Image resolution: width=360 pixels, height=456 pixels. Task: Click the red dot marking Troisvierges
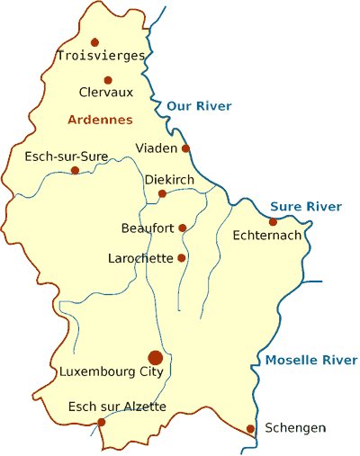pos(94,41)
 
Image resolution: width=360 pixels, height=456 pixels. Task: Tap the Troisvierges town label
pos(101,56)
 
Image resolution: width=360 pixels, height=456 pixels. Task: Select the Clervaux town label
pos(105,92)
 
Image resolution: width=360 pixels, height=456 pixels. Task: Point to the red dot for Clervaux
pos(108,80)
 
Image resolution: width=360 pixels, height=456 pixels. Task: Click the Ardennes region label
pos(100,120)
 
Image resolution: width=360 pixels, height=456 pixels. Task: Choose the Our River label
pos(199,106)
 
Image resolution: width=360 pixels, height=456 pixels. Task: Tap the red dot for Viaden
pos(186,148)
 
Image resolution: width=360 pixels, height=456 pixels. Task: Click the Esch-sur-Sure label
pos(67,156)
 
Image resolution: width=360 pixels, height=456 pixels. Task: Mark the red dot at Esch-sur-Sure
pos(75,170)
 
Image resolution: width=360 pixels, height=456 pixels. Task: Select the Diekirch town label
pos(169,180)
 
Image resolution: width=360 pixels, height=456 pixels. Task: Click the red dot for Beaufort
pos(183,228)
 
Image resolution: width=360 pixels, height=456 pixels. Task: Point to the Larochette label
pos(140,258)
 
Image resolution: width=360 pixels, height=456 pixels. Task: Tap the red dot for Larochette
pos(182,258)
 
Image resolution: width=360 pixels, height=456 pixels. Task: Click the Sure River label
pos(306,207)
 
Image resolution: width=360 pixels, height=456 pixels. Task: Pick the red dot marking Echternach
pos(273,222)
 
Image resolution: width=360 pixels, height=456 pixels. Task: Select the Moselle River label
pos(311,361)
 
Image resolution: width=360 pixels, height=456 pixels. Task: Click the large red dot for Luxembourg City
pos(156,358)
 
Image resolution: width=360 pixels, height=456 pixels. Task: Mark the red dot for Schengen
pos(250,428)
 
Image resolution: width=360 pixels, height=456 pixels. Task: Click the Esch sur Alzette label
pos(117,407)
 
